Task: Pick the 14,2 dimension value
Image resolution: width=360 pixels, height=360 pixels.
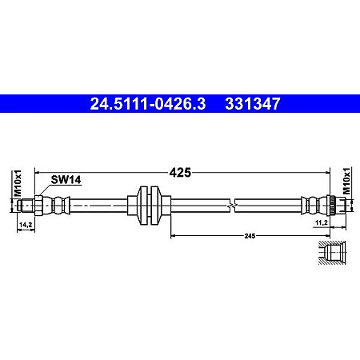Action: [26, 226]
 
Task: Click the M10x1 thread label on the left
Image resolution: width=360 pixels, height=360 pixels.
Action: [16, 183]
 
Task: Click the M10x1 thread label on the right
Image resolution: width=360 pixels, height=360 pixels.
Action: [346, 182]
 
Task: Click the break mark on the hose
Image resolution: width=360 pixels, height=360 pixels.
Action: [231, 205]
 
